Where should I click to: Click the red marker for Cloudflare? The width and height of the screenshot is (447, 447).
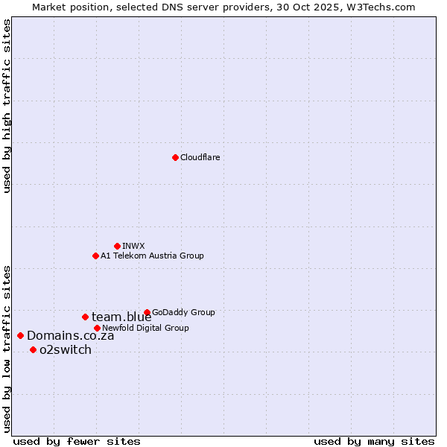pos(175,157)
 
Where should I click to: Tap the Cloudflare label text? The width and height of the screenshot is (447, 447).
pos(200,157)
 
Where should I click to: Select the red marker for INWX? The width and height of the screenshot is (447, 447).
pos(117,246)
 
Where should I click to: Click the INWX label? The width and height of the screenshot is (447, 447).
pos(133,246)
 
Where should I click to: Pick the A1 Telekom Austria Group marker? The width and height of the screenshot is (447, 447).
pos(95,256)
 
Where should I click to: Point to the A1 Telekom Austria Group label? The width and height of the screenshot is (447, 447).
pos(152,256)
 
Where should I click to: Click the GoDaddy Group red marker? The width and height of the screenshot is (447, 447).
pos(147,312)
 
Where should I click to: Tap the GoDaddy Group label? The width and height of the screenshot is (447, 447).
pos(183,312)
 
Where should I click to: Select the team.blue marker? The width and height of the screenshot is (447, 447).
pos(85,317)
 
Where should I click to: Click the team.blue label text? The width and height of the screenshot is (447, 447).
pos(121,317)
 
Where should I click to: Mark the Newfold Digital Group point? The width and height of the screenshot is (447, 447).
pos(97,328)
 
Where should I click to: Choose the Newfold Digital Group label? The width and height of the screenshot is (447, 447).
pos(145,328)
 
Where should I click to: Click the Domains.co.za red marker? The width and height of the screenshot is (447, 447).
pos(20,335)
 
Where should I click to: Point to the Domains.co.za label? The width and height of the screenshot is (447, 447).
pos(70,336)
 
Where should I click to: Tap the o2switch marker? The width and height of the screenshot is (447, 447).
pos(33,349)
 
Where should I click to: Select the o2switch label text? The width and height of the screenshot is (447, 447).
pos(66,350)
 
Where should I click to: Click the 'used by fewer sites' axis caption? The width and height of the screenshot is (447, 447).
pos(77,441)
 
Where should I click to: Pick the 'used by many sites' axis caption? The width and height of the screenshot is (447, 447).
pos(374,441)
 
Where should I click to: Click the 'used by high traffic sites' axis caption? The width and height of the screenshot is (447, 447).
pos(7,106)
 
